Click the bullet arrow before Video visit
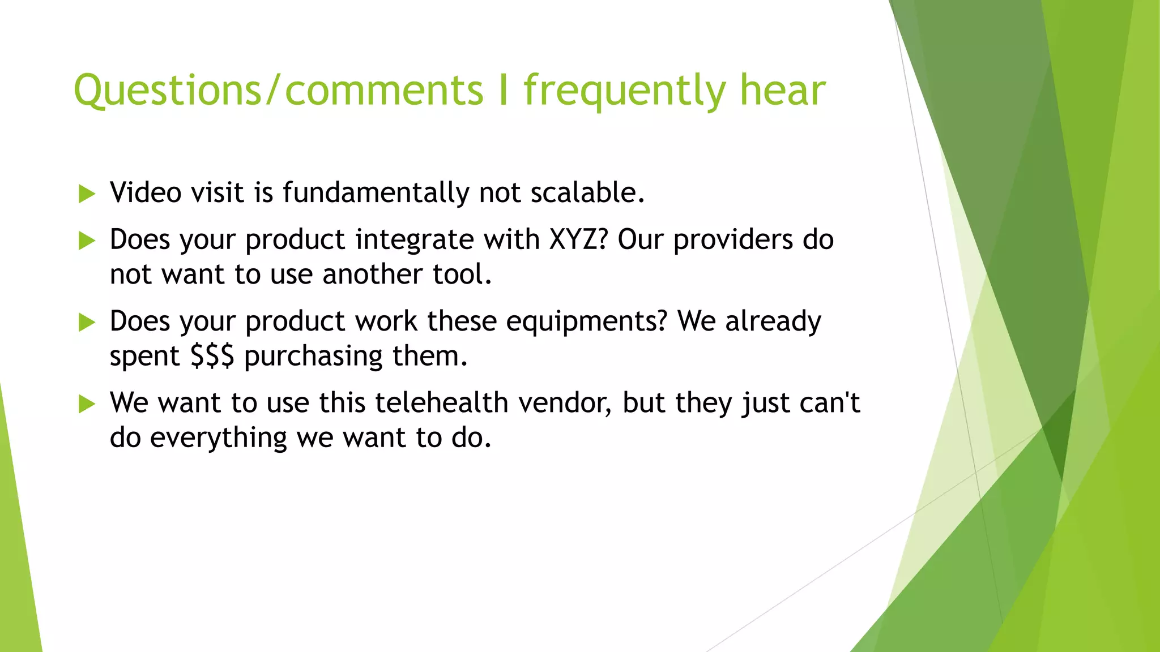pos(87,194)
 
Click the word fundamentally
pos(376,192)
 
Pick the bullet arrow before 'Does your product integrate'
pos(87,241)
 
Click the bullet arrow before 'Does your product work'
pos(87,323)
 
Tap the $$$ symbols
pos(212,357)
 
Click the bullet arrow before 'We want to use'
pos(87,404)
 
